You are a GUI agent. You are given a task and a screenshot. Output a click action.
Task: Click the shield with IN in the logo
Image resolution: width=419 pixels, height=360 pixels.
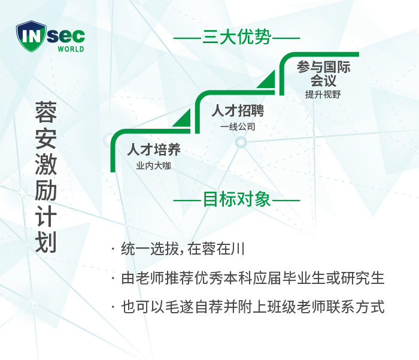pyautogui.click(x=31, y=36)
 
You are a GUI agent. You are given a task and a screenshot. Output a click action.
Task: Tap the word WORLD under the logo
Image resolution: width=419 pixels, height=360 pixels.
pyautogui.click(x=71, y=49)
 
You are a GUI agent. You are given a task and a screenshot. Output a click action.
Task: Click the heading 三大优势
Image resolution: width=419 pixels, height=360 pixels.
pyautogui.click(x=237, y=37)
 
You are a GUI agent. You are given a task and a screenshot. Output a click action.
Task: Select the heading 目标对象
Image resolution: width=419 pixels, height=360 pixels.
pyautogui.click(x=237, y=199)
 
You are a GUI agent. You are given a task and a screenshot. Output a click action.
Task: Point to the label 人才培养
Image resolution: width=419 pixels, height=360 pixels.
pyautogui.click(x=154, y=149)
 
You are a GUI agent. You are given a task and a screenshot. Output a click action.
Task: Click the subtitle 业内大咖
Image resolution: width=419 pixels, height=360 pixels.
pyautogui.click(x=153, y=166)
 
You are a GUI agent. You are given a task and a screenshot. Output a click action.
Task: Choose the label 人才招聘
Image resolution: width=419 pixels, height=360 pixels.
pyautogui.click(x=238, y=110)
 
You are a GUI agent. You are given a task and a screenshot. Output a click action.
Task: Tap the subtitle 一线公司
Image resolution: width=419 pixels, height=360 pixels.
pyautogui.click(x=238, y=126)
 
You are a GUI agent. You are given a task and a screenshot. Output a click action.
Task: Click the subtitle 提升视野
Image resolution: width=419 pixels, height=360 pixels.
pyautogui.click(x=323, y=95)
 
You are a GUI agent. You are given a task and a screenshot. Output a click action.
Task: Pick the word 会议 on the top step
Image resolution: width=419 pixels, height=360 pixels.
pyautogui.click(x=323, y=80)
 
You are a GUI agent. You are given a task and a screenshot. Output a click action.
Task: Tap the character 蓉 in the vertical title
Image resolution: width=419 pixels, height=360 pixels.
pyautogui.click(x=45, y=112)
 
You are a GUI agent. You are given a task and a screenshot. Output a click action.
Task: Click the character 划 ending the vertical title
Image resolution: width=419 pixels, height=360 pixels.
pyautogui.click(x=45, y=243)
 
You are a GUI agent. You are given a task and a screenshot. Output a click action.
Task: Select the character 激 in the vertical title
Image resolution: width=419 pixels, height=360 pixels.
pyautogui.click(x=45, y=164)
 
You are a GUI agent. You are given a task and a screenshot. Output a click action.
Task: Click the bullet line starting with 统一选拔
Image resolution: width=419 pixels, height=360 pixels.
pyautogui.click(x=178, y=249)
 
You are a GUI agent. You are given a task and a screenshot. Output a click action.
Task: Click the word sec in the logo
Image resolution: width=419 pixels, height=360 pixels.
pyautogui.click(x=66, y=36)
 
